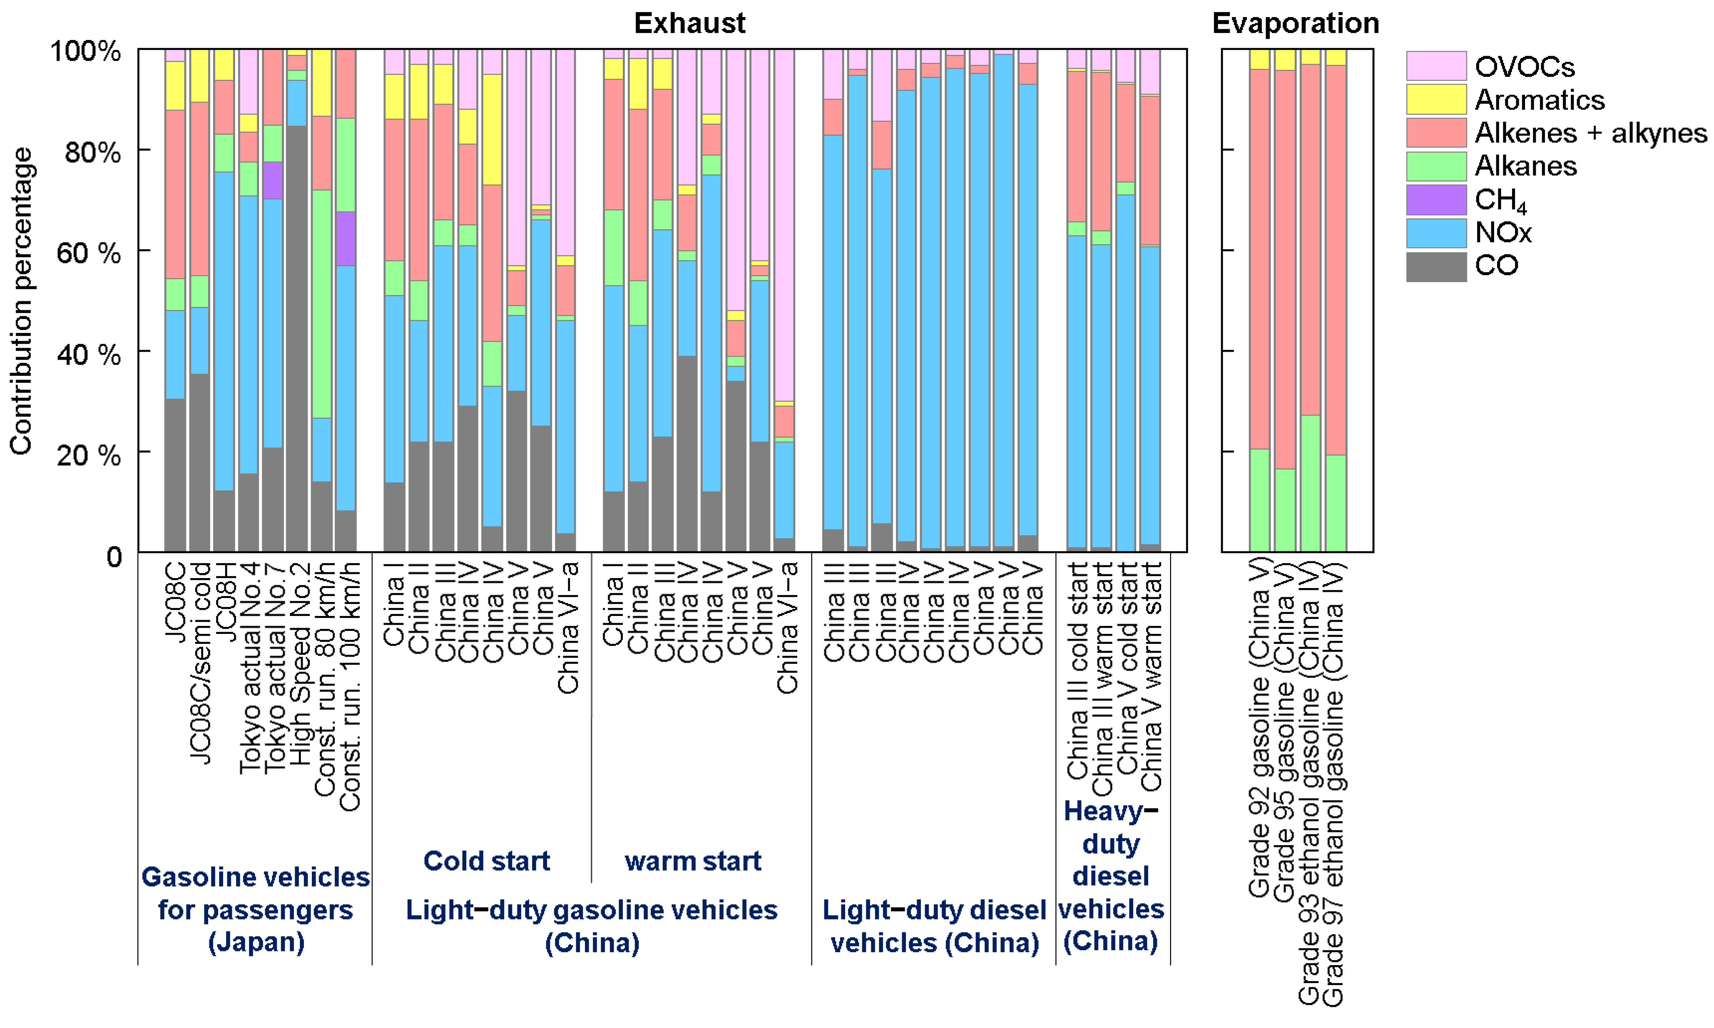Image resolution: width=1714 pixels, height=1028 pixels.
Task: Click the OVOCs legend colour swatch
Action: (1435, 67)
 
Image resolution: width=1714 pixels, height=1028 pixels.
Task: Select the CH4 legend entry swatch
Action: (1435, 199)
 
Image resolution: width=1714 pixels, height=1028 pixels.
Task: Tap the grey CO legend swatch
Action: (1435, 267)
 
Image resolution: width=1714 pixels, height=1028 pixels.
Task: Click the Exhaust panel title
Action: (689, 24)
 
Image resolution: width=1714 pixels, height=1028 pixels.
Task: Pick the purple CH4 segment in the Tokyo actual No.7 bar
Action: (273, 180)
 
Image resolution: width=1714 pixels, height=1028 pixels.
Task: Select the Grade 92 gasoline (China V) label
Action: (1259, 728)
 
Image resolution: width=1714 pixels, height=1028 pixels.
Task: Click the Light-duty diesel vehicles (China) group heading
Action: (934, 926)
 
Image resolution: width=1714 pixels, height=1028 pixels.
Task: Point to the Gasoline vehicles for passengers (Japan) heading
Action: (256, 909)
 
